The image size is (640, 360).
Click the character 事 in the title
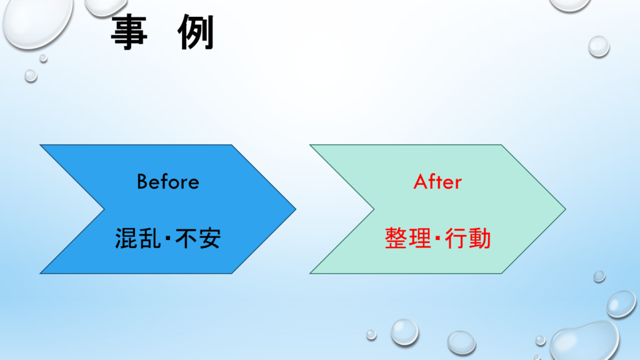point(129,32)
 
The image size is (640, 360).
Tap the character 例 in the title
point(196,32)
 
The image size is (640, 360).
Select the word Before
point(167,182)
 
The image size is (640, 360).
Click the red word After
point(437,182)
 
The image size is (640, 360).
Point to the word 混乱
point(138,238)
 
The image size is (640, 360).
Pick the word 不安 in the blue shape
point(198,238)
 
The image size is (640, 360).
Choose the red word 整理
point(407,238)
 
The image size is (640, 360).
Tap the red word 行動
point(467,238)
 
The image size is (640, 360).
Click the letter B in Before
point(142,182)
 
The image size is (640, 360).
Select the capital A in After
point(421,182)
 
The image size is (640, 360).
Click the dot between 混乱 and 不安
point(168,238)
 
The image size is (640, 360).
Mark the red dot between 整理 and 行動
point(438,238)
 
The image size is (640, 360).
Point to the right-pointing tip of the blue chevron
point(296,209)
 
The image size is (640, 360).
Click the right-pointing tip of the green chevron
point(566,209)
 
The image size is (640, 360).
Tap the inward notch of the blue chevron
point(104,209)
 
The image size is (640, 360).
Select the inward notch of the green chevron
point(374,209)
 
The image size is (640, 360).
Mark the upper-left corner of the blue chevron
point(40,145)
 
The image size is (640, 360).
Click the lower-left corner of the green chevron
point(310,274)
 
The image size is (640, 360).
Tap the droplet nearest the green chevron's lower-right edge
point(599,276)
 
